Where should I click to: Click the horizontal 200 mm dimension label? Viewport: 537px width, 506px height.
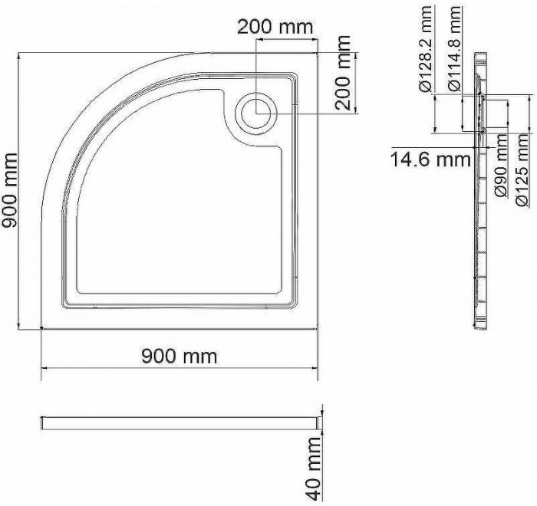[x=275, y=27]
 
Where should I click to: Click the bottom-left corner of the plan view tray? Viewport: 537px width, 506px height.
[x=41, y=329]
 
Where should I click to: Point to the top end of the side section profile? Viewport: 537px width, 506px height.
[x=479, y=55]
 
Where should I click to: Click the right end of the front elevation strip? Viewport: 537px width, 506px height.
[x=316, y=422]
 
